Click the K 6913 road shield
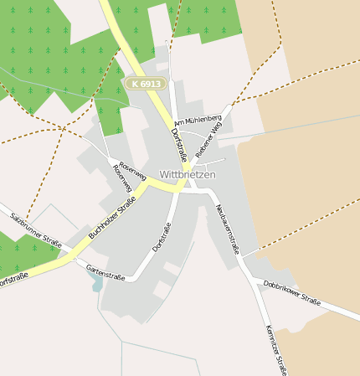pyautogui.click(x=147, y=84)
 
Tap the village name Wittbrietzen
pyautogui.click(x=188, y=174)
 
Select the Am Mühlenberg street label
pyautogui.click(x=198, y=122)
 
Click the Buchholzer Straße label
pyautogui.click(x=112, y=222)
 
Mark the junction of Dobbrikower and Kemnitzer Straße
pyautogui.click(x=251, y=280)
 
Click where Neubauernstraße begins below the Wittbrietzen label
pyautogui.click(x=204, y=191)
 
